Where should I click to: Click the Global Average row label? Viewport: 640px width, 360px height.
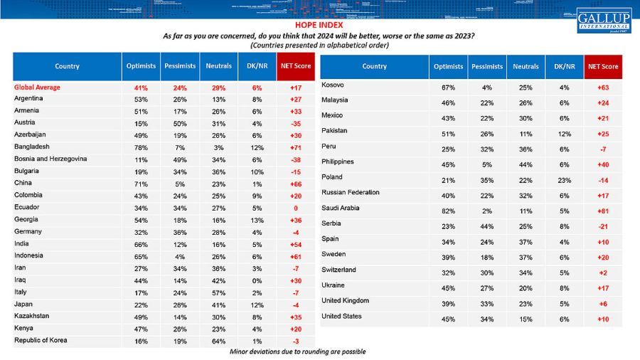click(x=37, y=87)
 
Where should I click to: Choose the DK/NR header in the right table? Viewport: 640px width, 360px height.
click(x=564, y=66)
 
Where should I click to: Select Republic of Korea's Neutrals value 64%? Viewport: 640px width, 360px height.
click(x=219, y=341)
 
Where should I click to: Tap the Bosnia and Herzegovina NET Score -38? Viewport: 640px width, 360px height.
click(x=293, y=159)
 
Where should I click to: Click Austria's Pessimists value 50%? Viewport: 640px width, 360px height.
click(x=180, y=123)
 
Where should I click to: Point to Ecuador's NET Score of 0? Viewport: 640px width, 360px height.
click(x=293, y=208)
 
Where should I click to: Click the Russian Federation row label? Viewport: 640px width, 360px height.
click(x=351, y=192)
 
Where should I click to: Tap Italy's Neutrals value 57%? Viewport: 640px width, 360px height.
click(x=219, y=292)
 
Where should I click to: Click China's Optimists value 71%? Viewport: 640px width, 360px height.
click(x=141, y=183)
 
